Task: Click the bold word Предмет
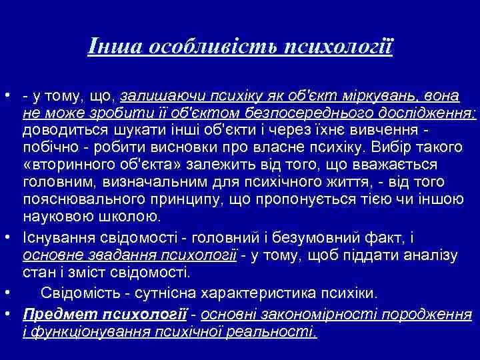[53, 313]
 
